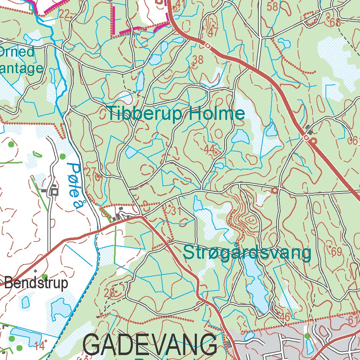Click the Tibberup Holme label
point(176,114)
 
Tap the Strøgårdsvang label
point(247,253)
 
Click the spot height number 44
point(209,150)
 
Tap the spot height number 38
point(198,60)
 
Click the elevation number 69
point(336,251)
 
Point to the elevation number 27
point(90,172)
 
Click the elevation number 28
point(110,292)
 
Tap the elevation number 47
point(213,32)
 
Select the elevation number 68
point(336,23)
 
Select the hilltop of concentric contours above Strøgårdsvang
point(250,220)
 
